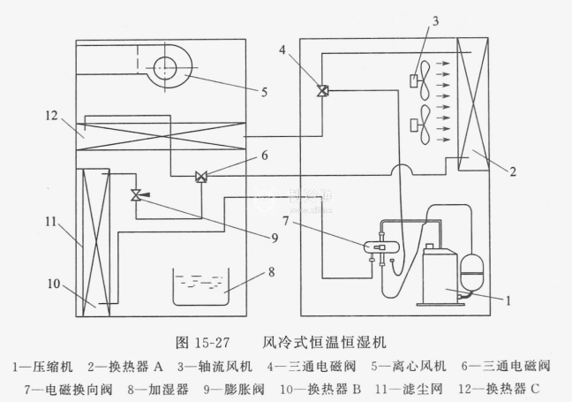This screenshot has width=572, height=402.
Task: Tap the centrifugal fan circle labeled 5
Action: pos(165,68)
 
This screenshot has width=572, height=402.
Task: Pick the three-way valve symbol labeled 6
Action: pos(201,177)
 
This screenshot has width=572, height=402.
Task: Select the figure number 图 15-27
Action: pos(202,340)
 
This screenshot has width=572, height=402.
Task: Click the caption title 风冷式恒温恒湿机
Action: pos(326,340)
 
